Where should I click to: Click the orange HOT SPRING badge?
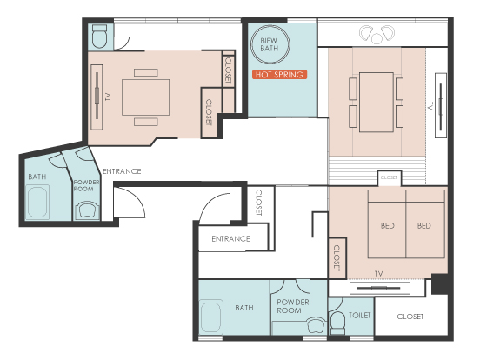[279, 75]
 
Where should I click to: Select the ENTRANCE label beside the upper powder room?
[122, 171]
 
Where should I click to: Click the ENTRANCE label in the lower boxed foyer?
[230, 239]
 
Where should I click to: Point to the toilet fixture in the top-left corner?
[99, 37]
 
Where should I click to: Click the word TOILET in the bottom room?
[360, 315]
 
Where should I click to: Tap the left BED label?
[388, 226]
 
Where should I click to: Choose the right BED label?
[424, 226]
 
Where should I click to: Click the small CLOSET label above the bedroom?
[389, 177]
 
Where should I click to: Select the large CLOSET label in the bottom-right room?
[410, 317]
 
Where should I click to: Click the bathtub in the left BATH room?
[37, 202]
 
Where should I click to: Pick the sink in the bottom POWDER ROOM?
[317, 325]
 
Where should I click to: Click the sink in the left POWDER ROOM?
[87, 210]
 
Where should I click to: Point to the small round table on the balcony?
[377, 38]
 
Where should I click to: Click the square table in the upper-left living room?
[146, 97]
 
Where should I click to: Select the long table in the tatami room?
[377, 103]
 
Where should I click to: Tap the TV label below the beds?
[378, 274]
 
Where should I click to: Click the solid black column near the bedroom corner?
[440, 284]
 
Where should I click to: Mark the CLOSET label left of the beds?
[337, 258]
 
